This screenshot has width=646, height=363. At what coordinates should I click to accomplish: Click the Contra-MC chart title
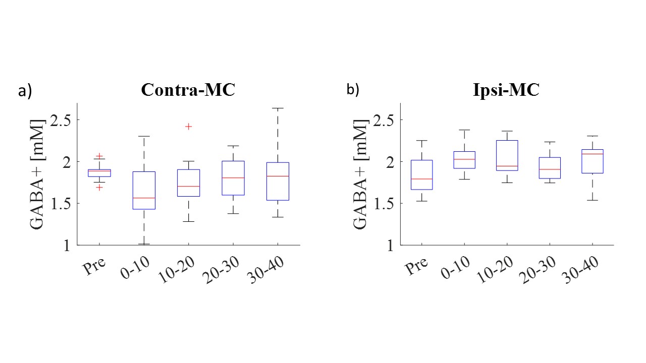[x=188, y=90]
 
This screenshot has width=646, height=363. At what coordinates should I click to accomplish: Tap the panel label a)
[x=25, y=91]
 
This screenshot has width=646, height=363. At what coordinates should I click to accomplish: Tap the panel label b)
[x=352, y=90]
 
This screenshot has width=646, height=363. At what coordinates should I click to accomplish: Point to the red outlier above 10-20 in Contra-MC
[x=188, y=127]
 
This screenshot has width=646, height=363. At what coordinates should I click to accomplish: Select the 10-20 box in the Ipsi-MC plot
[x=507, y=155]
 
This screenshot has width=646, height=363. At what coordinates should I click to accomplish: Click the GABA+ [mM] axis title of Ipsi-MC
[x=359, y=174]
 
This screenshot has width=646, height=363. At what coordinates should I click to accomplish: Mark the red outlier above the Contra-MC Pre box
[x=99, y=156]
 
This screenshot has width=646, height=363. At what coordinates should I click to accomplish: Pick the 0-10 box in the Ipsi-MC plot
[x=464, y=160]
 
